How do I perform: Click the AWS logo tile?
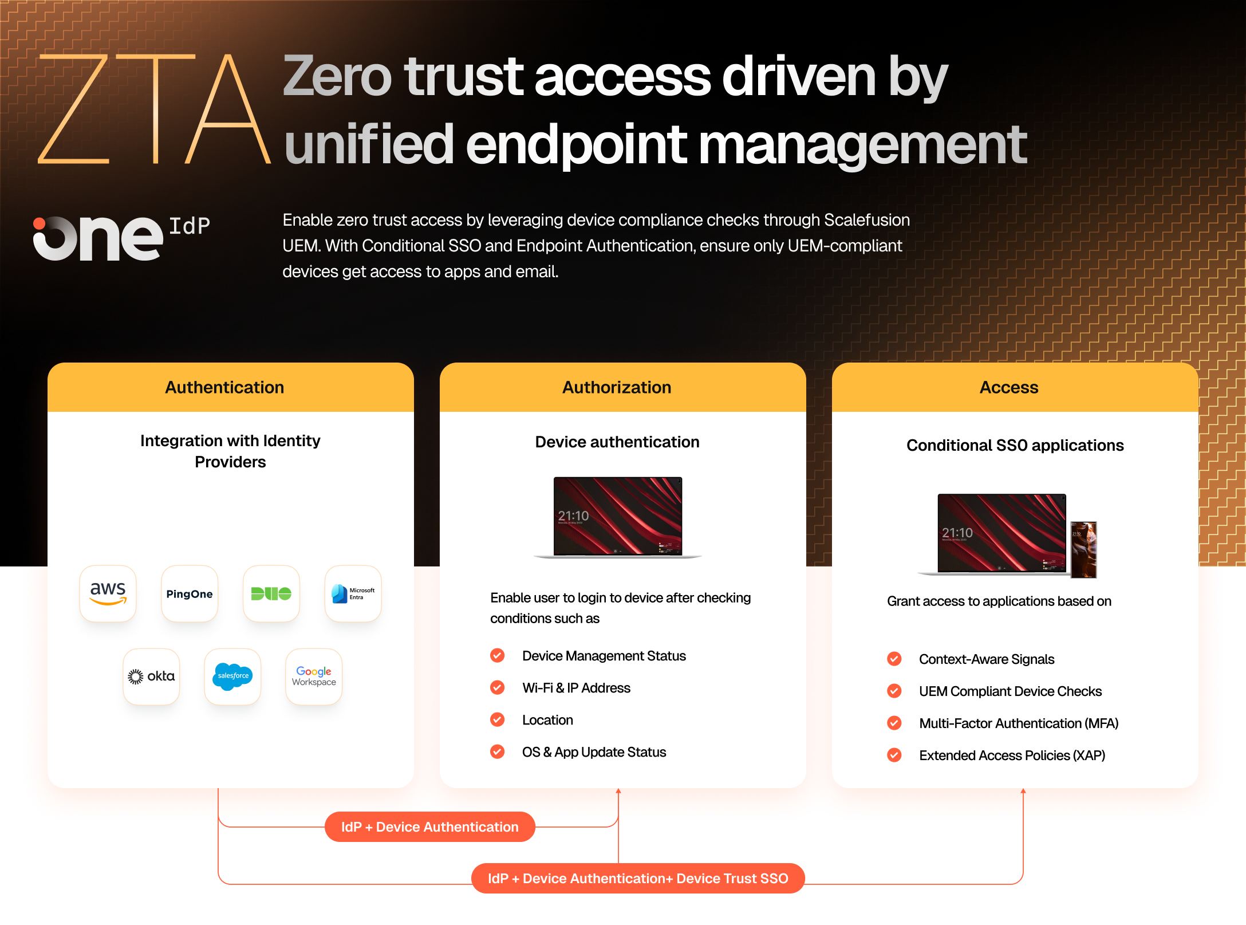tap(108, 593)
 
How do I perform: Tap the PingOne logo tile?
tap(190, 593)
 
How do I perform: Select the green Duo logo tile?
tap(271, 593)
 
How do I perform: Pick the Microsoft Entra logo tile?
tap(353, 593)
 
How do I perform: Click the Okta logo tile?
tap(151, 676)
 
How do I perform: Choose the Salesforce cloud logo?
tap(232, 676)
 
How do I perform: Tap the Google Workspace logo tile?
tap(314, 676)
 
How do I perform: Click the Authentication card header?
tap(231, 387)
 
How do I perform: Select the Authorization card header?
tap(623, 387)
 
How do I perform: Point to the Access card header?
tap(1015, 387)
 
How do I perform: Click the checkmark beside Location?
tap(498, 719)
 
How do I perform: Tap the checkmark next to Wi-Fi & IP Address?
tap(498, 687)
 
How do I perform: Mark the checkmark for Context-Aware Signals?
tap(894, 659)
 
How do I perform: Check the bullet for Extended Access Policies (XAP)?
tap(894, 755)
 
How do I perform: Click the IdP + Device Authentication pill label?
tap(430, 826)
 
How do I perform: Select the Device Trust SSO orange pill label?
tap(638, 878)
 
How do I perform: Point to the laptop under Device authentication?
tap(618, 517)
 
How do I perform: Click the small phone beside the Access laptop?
tap(1084, 549)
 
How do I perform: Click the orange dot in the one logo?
tap(40, 224)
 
